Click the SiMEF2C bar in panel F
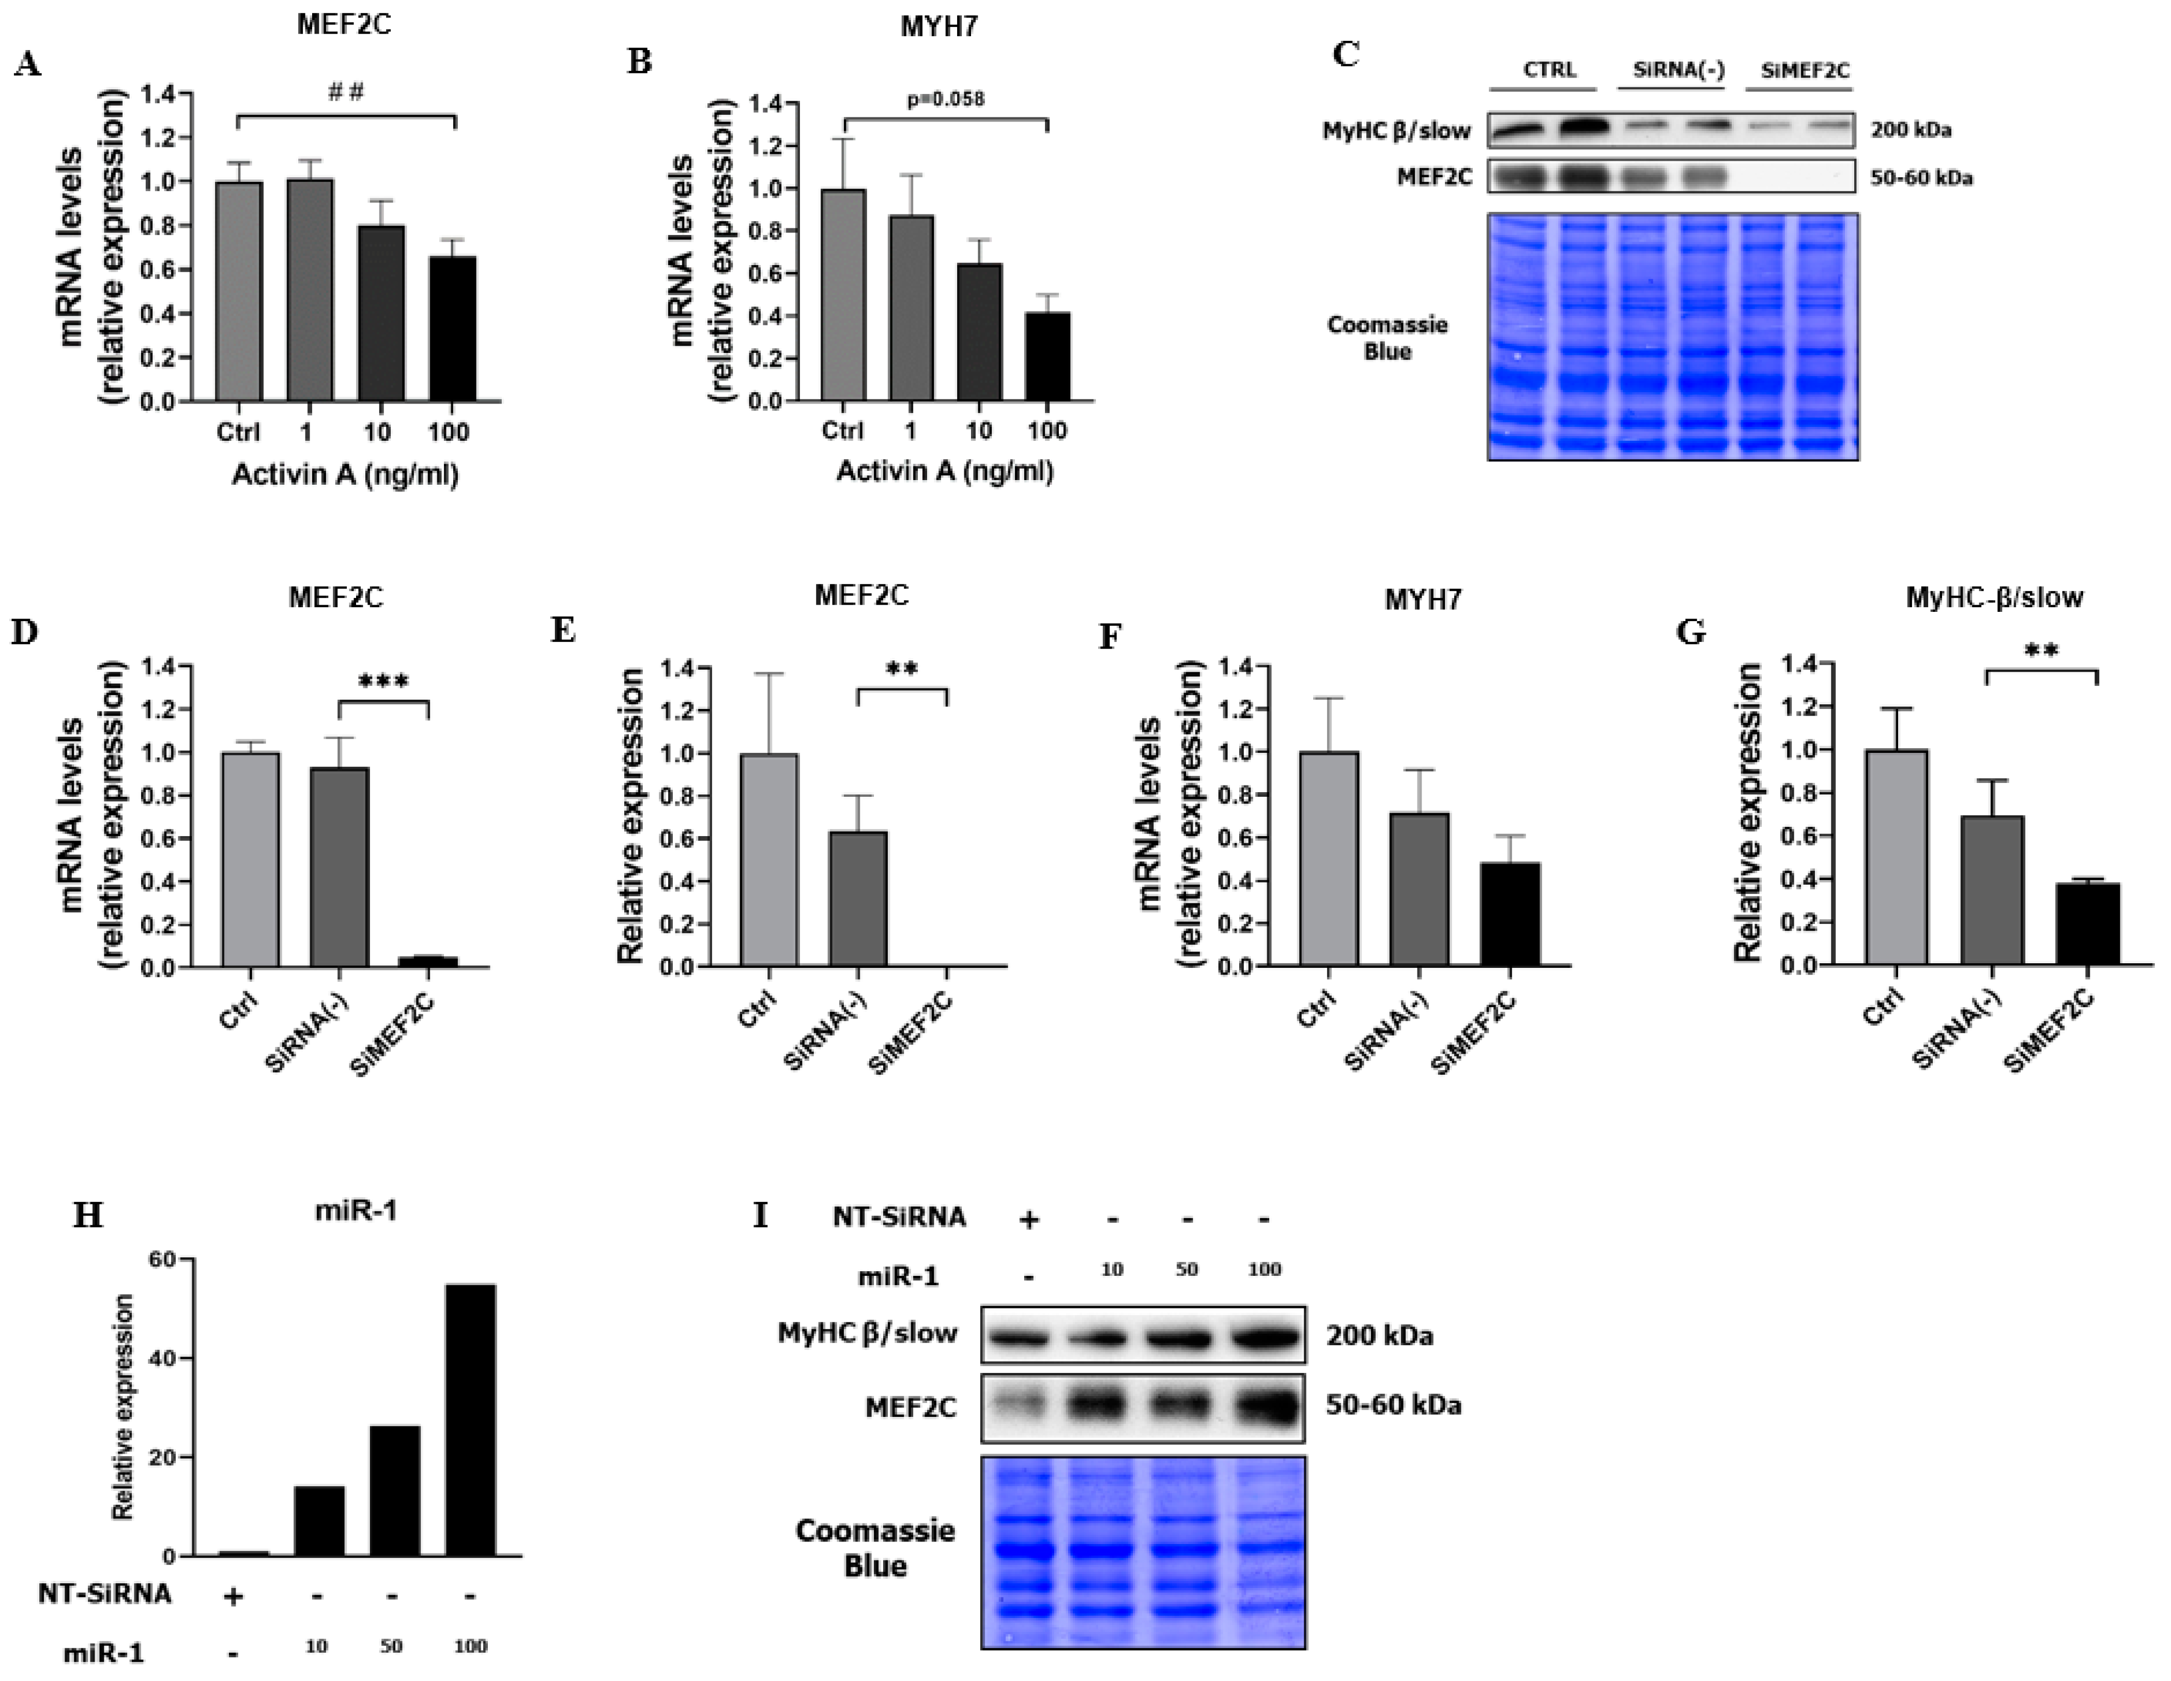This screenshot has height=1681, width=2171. [x=1510, y=915]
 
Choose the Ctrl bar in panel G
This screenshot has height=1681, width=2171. [x=1896, y=857]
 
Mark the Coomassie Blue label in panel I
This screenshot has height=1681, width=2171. [x=875, y=1548]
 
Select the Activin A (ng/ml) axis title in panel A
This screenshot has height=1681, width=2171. [x=345, y=475]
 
